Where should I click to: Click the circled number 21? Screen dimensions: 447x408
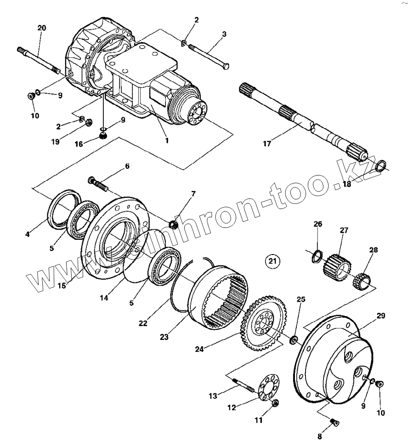pos(272,261)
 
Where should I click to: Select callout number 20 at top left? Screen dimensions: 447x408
pos(41,28)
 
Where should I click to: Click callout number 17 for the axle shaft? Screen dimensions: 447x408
pos(267,144)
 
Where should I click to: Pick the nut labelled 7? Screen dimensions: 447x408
pos(174,225)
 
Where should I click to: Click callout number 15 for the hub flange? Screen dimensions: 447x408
pos(61,285)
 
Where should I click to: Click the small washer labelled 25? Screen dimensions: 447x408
pos(293,340)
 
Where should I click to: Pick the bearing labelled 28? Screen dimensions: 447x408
pos(362,280)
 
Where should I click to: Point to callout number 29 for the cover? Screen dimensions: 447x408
pos(381,316)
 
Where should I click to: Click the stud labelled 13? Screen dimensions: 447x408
pos(244,384)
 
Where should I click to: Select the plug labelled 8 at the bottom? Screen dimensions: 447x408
pos(334,422)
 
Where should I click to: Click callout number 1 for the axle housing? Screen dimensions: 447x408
pos(167,140)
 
